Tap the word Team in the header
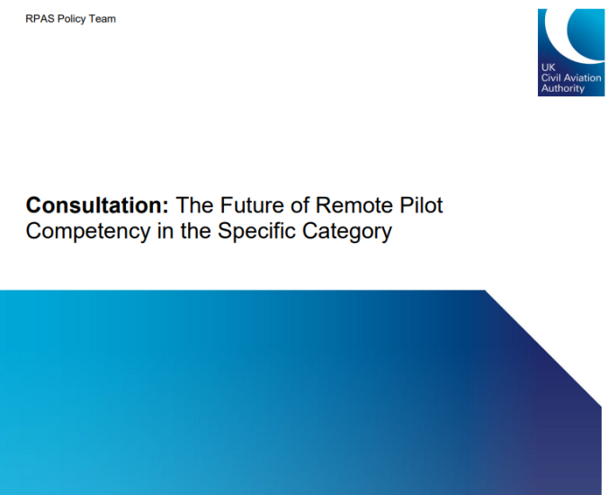coord(102,19)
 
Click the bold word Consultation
coord(97,205)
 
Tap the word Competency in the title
coord(88,231)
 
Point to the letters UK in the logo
coord(549,67)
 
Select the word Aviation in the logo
coord(581,77)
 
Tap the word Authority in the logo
coord(563,89)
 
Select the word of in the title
coord(300,205)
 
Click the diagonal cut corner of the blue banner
coord(543,348)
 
